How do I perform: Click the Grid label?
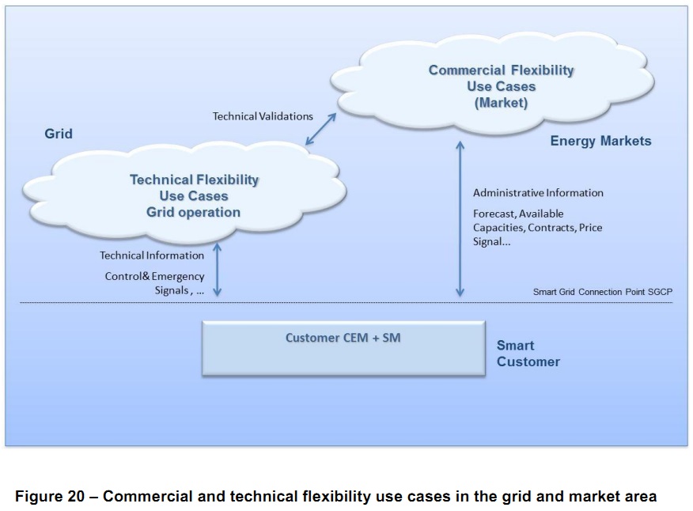(59, 134)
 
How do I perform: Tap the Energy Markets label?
(600, 141)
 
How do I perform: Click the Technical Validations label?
(263, 116)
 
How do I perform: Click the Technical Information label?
(152, 255)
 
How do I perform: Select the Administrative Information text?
(538, 193)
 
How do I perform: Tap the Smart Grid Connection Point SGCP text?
(602, 292)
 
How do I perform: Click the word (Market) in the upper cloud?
(501, 103)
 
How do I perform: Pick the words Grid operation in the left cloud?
(193, 212)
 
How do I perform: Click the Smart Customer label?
(528, 354)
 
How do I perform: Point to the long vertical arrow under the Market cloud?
(460, 220)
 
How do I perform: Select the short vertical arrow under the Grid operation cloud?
(218, 270)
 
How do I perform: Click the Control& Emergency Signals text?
(155, 283)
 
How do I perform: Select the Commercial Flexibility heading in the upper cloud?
(501, 70)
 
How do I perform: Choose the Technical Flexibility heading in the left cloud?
(194, 180)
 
